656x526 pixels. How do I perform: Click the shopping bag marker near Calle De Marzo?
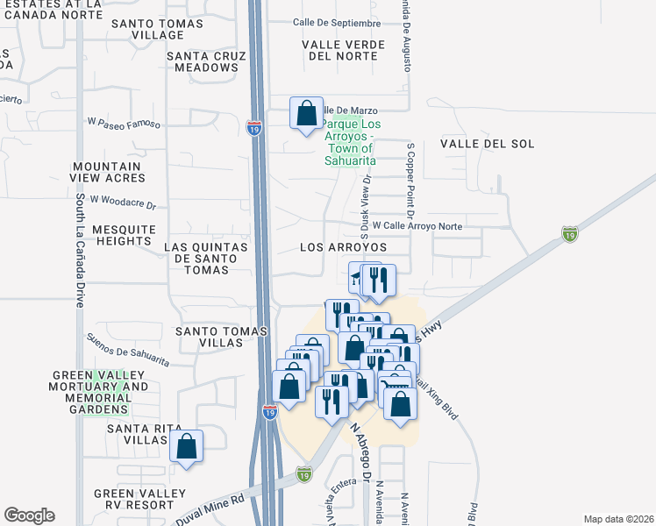(x=306, y=114)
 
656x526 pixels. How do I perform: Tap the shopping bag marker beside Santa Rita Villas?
(x=187, y=446)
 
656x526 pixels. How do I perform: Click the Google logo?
(x=29, y=515)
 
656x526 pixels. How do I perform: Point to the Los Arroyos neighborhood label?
(x=343, y=247)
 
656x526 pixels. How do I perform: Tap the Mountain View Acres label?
(x=108, y=172)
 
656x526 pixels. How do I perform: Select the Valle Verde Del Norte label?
(x=343, y=50)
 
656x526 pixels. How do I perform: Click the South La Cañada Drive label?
(x=80, y=250)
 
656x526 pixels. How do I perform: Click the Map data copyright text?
(x=617, y=518)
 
